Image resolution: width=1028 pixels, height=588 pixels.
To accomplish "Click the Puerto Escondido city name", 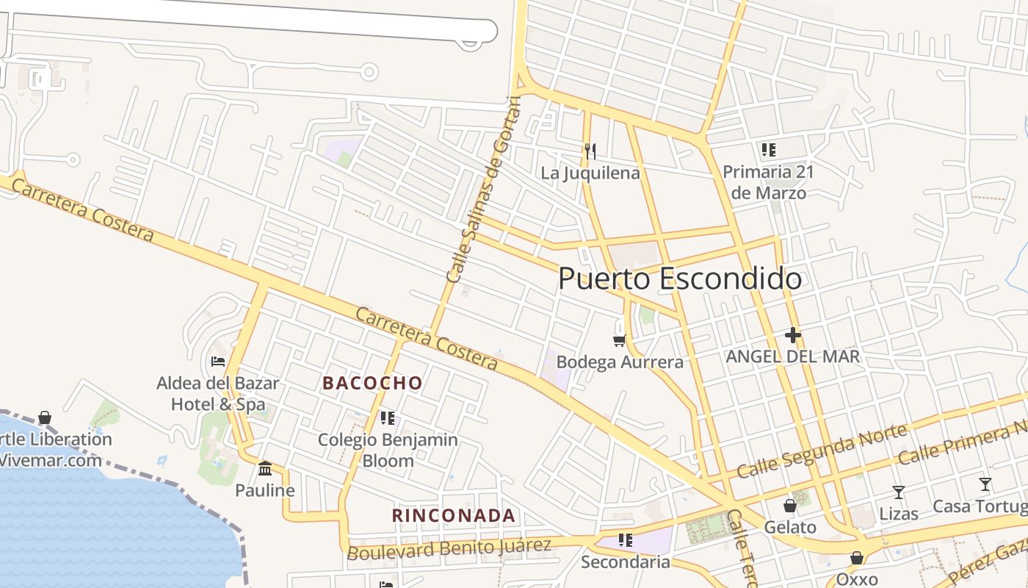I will point(679,279).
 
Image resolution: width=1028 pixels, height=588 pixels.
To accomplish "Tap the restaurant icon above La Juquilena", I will point(590,151).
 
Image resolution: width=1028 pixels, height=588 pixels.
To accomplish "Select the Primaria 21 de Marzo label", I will point(768,182).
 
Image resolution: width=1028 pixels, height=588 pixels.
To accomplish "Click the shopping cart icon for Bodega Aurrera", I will point(619,340).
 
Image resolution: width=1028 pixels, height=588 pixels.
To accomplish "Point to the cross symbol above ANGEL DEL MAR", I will point(792,336).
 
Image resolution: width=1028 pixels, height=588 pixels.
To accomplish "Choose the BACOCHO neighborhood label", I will point(372,383).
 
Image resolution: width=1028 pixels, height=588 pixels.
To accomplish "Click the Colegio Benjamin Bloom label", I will point(388,450).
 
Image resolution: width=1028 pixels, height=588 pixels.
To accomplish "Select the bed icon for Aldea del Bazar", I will point(218,361).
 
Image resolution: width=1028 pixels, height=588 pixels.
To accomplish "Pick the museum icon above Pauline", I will point(265,468).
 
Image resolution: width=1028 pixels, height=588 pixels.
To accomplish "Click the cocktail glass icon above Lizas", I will point(898,492).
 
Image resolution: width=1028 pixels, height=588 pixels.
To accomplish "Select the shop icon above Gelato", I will point(790,506).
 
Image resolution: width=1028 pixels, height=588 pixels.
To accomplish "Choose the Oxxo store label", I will point(856,578).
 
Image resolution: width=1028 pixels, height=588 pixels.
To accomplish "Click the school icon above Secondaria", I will point(626,540).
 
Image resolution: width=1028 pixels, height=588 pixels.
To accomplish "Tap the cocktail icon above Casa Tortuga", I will point(985,484).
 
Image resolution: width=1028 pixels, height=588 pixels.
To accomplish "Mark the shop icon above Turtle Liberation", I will point(45,417).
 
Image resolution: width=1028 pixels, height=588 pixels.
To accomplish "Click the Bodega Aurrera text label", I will point(620,362).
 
